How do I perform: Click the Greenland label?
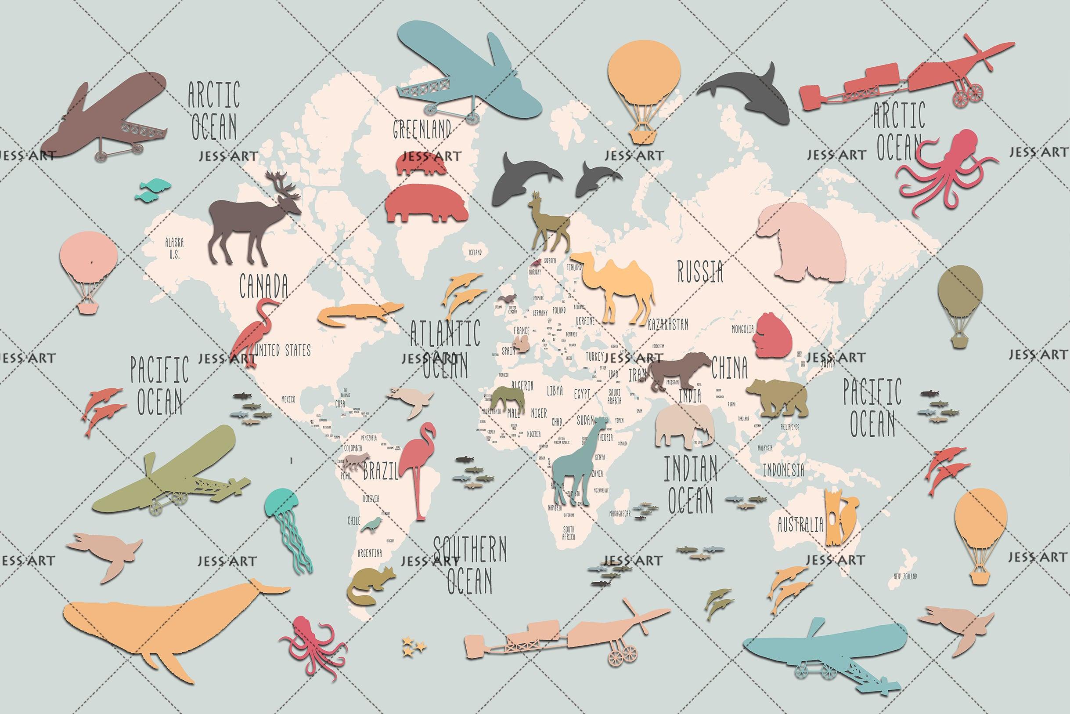pos(422,129)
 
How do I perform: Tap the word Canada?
pos(264,286)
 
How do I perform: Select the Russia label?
pos(700,272)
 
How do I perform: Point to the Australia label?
pos(800,525)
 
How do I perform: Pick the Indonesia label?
pos(783,469)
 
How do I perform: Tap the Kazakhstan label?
pos(668,324)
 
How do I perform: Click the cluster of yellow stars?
pos(413,647)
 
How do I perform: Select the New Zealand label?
pos(905,576)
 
